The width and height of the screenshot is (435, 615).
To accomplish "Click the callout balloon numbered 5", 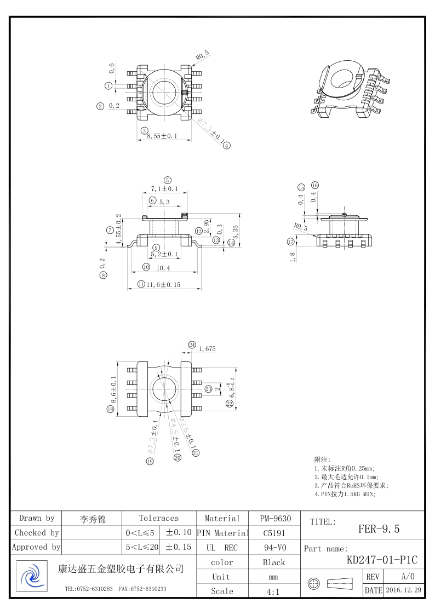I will pyautogui.click(x=168, y=180).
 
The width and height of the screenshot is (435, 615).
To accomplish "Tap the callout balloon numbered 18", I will pyautogui.click(x=110, y=409).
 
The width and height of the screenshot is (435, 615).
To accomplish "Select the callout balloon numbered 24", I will pyautogui.click(x=192, y=344).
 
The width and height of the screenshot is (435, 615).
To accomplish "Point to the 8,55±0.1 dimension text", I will pyautogui.click(x=162, y=136).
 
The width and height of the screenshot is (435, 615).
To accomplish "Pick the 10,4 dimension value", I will pyautogui.click(x=163, y=268).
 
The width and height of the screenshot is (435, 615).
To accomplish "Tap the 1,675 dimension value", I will pyautogui.click(x=207, y=348).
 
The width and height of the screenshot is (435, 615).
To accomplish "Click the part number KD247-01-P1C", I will pyautogui.click(x=382, y=560).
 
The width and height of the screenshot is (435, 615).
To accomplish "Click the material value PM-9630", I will pyautogui.click(x=274, y=518).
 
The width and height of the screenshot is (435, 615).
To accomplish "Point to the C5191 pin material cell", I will pyautogui.click(x=274, y=532).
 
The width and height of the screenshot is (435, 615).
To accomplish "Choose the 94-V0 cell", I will pyautogui.click(x=274, y=547).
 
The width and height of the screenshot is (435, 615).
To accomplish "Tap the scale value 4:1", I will pyautogui.click(x=274, y=591).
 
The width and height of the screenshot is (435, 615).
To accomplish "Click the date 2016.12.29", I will pyautogui.click(x=404, y=590).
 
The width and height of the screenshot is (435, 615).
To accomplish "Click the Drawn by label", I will pyautogui.click(x=37, y=518).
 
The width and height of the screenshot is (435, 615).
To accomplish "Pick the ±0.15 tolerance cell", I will pyautogui.click(x=178, y=547).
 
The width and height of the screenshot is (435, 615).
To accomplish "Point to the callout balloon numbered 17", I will pyautogui.click(x=291, y=241).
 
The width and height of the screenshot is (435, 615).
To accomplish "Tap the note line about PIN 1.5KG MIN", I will pyautogui.click(x=345, y=494).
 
